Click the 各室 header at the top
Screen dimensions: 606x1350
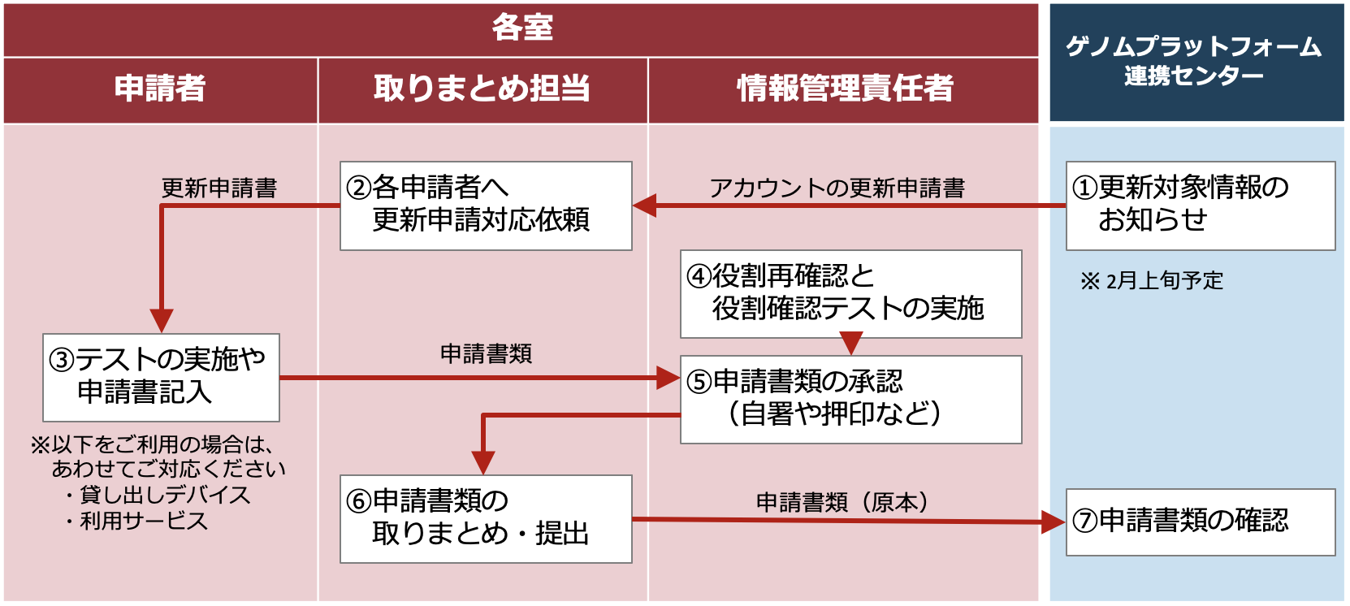click(521, 28)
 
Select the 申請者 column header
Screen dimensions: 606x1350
click(160, 89)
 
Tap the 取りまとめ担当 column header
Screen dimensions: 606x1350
click(482, 89)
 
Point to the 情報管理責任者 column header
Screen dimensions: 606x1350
click(844, 89)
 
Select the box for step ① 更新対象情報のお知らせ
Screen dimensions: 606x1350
click(1200, 205)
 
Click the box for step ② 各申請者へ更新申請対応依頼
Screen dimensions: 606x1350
click(486, 205)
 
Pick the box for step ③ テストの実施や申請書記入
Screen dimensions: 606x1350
click(161, 377)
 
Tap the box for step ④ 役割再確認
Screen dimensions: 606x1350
click(850, 293)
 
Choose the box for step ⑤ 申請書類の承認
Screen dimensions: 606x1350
click(850, 399)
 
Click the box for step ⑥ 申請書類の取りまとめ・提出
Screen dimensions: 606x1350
click(486, 518)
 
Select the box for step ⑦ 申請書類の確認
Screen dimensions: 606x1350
click(1200, 522)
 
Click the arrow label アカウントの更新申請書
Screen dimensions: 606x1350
click(837, 188)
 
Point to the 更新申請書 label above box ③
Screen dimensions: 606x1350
click(219, 188)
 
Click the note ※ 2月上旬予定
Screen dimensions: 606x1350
click(1152, 281)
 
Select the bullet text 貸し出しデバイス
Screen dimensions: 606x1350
click(165, 495)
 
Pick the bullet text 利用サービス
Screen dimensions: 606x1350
click(144, 521)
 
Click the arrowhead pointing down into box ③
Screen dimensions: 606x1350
click(162, 321)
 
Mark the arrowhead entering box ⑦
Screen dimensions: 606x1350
click(1054, 522)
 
